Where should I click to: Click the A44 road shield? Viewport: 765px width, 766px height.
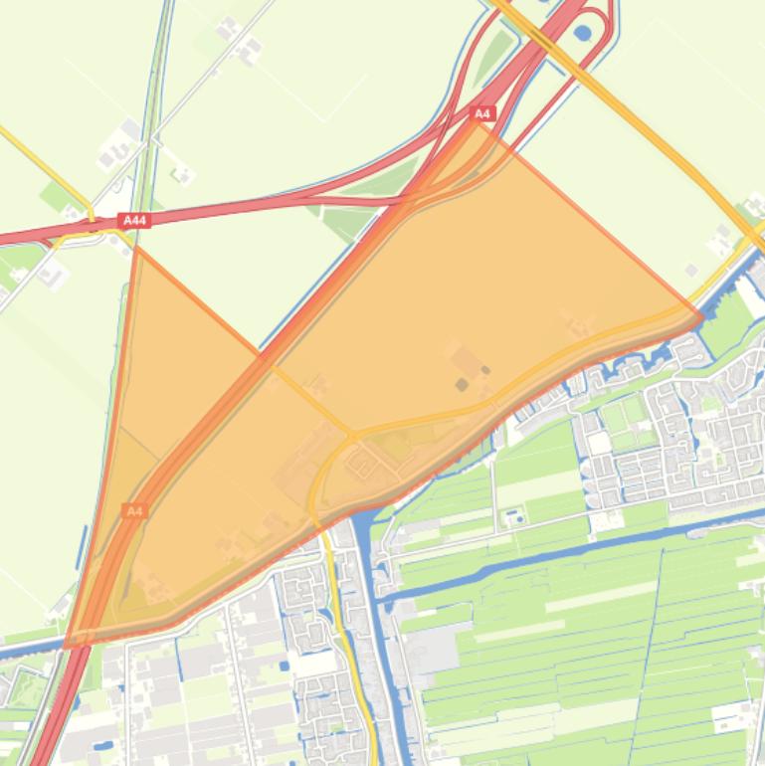(135, 221)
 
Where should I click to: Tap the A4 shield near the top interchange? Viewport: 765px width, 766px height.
(482, 114)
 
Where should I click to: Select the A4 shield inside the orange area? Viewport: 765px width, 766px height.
(135, 510)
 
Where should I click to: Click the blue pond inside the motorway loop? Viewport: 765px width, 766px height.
(582, 33)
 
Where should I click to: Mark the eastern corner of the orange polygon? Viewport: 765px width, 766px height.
(702, 317)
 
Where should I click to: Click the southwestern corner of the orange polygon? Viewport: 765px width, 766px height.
(68, 645)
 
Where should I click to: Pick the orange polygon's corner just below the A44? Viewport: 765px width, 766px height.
(134, 246)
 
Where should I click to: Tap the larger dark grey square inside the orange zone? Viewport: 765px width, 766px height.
(462, 384)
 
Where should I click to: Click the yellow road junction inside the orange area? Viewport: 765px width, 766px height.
(351, 435)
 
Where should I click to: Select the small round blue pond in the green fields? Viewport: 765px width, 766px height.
(514, 518)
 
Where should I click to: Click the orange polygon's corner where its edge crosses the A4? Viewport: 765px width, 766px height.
(261, 354)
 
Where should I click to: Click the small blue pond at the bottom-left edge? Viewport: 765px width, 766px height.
(102, 743)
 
